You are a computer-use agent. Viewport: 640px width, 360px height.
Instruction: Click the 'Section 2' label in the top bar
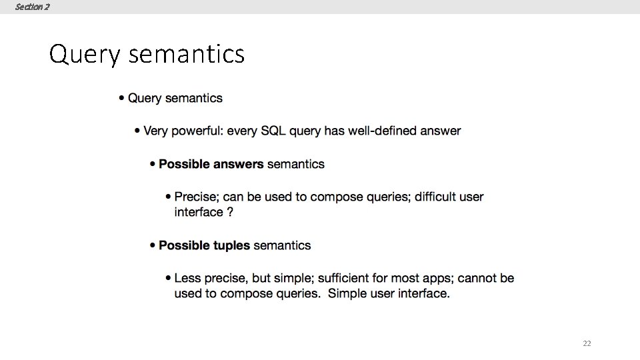pyautogui.click(x=32, y=7)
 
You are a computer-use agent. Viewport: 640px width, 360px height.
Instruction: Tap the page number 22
pyautogui.click(x=587, y=343)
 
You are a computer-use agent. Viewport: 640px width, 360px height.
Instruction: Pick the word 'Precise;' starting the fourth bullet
pyautogui.click(x=196, y=197)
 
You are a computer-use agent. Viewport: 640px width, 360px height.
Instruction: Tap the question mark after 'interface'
pyautogui.click(x=230, y=212)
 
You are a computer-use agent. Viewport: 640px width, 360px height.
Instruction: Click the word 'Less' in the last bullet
pyautogui.click(x=187, y=278)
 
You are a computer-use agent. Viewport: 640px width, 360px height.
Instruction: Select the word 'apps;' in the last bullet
pyautogui.click(x=436, y=278)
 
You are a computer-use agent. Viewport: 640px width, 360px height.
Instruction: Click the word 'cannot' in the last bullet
pyautogui.click(x=477, y=278)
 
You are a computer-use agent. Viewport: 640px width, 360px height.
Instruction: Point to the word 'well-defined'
pyautogui.click(x=383, y=131)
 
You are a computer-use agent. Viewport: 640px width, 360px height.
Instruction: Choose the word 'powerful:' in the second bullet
pyautogui.click(x=198, y=131)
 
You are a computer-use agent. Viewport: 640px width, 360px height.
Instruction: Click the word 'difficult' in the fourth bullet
pyautogui.click(x=437, y=197)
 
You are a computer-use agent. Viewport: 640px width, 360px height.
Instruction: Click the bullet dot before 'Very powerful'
pyautogui.click(x=137, y=131)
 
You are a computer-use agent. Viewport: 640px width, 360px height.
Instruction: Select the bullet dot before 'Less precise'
pyautogui.click(x=168, y=278)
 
